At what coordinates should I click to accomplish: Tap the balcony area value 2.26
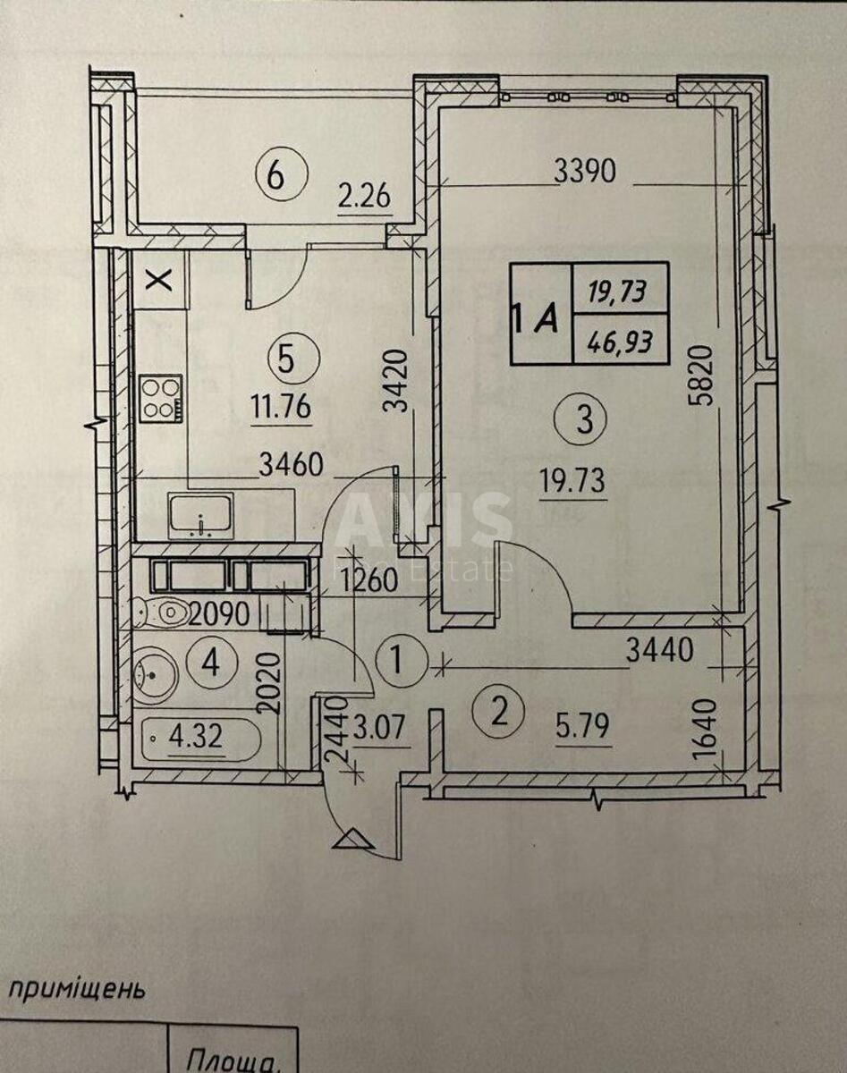(364, 195)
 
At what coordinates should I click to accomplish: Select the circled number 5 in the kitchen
(285, 359)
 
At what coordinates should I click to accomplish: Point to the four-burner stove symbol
(161, 399)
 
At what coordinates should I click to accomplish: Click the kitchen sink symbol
(200, 515)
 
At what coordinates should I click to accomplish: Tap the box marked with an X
(159, 280)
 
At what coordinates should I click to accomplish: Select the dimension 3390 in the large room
(585, 172)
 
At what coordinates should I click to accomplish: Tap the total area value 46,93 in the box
(620, 341)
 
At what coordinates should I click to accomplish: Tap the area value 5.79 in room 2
(581, 726)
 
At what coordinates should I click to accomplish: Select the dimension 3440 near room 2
(660, 652)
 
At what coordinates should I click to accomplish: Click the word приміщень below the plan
(76, 990)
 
